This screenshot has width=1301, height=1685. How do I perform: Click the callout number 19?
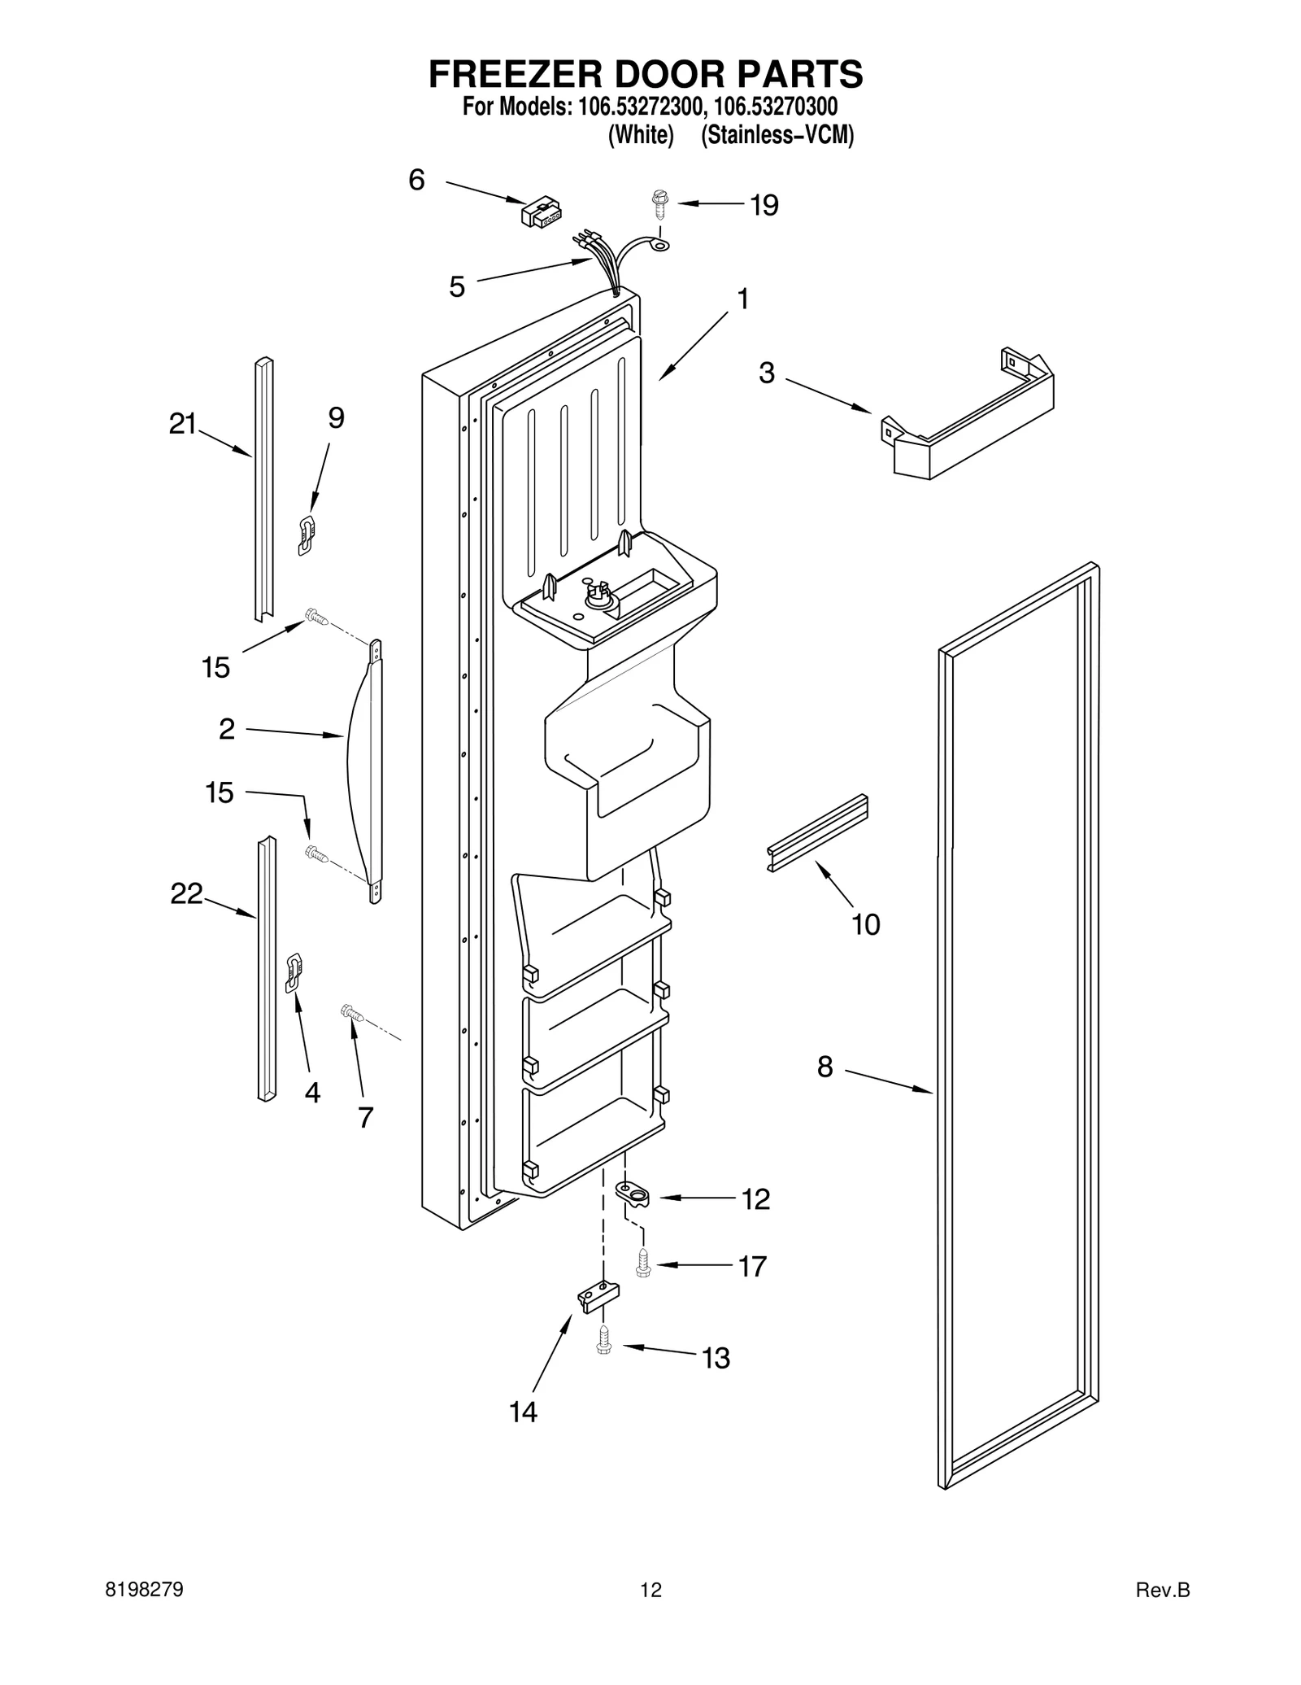pos(764,205)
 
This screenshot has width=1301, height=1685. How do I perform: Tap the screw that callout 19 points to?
pos(659,203)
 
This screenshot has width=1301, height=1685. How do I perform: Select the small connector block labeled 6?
pos(541,213)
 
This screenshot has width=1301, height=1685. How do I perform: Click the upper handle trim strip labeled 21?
pos(263,488)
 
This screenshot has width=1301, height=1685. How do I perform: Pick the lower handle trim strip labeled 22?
pos(267,968)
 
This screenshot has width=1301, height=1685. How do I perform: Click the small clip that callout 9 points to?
pos(307,535)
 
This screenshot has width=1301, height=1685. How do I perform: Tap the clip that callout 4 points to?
pos(294,973)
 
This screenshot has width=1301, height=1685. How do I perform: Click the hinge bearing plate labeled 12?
pos(634,1194)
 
